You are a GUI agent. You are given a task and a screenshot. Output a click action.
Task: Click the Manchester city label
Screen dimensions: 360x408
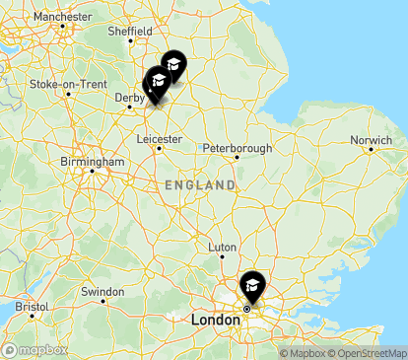point(62,17)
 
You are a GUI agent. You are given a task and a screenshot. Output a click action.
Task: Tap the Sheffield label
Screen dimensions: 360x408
point(130,32)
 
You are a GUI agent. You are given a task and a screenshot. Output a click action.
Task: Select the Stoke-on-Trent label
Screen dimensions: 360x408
point(68,84)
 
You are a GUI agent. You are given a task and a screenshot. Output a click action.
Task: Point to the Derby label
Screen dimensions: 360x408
point(128,97)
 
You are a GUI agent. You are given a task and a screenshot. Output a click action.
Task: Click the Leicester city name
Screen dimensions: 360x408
point(159,139)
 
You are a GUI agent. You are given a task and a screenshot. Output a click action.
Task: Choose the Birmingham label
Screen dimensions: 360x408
point(91,161)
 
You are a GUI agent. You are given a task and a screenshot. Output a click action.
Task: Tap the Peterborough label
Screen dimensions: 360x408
point(237,148)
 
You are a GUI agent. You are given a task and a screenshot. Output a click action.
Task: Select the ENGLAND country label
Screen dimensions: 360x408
point(200,185)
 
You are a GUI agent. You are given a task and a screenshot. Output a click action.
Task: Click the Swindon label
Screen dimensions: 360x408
point(102,291)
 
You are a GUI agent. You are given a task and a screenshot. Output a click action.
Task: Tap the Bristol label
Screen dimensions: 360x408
point(33,306)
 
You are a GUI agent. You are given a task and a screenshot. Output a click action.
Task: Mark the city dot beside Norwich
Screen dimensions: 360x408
point(371,150)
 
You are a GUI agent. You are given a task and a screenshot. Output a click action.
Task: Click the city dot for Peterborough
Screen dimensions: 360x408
point(237,158)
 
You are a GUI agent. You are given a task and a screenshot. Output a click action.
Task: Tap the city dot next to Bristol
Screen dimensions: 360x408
point(32,317)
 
